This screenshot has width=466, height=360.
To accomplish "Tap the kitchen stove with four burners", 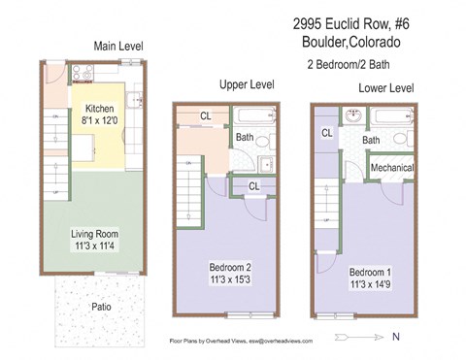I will click(84, 74).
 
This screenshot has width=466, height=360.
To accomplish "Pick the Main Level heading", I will click(119, 46).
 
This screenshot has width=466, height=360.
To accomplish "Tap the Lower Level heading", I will click(385, 88).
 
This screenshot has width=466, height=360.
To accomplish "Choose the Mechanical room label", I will click(391, 168).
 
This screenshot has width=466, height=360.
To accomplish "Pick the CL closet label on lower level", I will click(327, 133).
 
